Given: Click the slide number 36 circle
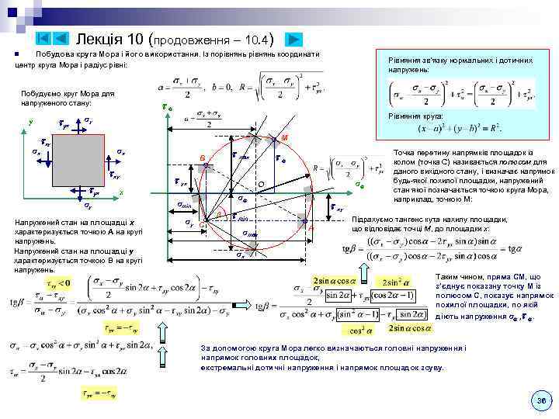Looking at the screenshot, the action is pos(541,400).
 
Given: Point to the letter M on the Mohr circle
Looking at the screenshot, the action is pos(285,138).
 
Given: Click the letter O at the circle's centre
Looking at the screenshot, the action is pos(262,184).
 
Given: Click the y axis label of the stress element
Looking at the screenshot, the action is pos(30,122).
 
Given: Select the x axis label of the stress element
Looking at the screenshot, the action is pos(121,192).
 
